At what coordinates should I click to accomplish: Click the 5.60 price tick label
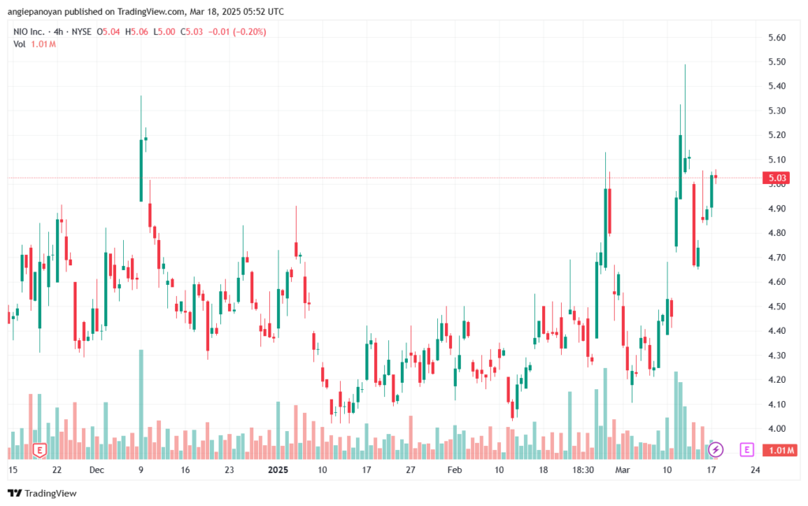coord(776,38)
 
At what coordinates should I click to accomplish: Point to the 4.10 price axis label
coord(776,404)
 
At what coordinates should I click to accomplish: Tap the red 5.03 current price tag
coord(777,178)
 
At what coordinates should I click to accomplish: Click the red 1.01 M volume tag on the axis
coord(780,451)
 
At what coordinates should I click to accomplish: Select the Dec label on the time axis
coord(96,470)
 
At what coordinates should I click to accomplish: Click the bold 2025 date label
coord(279,470)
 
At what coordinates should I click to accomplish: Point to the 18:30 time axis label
coord(583,470)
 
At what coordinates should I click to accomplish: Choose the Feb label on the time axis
coord(454,470)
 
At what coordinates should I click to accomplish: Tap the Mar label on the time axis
coord(623,470)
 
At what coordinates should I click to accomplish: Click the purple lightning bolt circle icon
coord(715,450)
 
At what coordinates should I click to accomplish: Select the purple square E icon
coord(746,450)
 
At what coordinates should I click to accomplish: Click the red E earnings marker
coord(39,451)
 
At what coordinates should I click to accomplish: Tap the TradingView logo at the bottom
coord(43,493)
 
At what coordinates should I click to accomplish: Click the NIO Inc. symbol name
coord(29,32)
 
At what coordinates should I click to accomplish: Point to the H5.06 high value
coord(137,32)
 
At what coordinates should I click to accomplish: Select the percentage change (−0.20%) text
coord(249,32)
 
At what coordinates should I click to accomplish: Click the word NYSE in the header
coord(81,32)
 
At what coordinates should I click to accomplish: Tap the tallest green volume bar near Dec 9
coord(141,404)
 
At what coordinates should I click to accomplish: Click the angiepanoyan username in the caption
coord(35,12)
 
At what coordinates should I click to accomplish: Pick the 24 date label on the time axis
coord(755,470)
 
